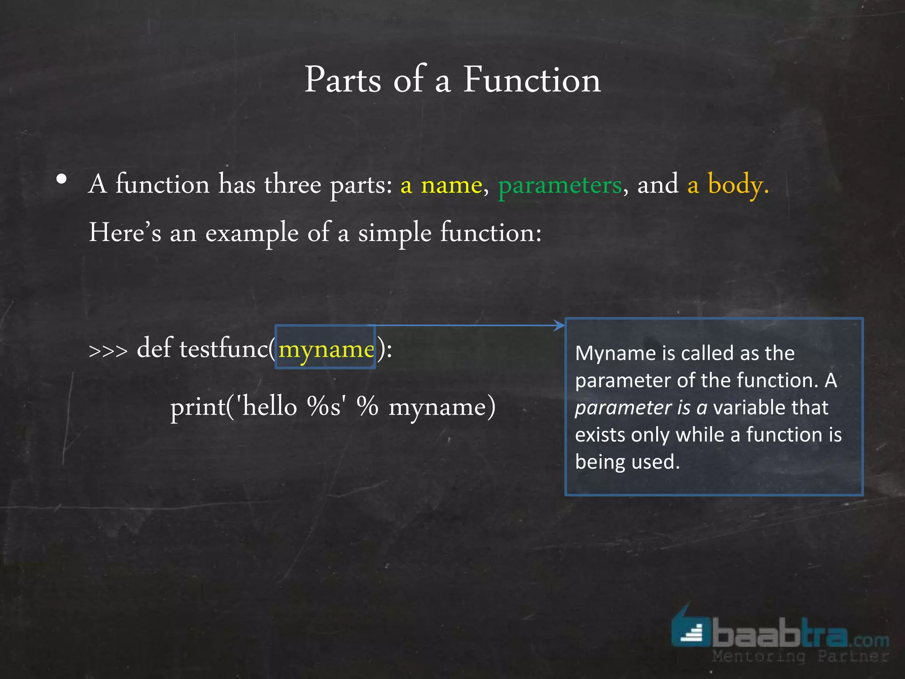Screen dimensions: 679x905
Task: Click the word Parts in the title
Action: [342, 80]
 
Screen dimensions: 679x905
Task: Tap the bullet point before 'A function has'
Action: [62, 179]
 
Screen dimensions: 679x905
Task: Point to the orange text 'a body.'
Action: [728, 185]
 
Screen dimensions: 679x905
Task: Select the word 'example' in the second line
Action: [252, 233]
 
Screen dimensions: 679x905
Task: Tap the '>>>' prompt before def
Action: [108, 351]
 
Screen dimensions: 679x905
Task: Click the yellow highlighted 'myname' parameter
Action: [326, 350]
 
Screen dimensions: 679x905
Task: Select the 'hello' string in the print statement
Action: [270, 406]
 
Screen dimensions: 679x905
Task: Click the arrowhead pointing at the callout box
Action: [559, 325]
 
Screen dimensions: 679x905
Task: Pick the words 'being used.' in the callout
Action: [627, 462]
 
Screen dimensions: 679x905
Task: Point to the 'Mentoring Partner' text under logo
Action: [800, 656]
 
